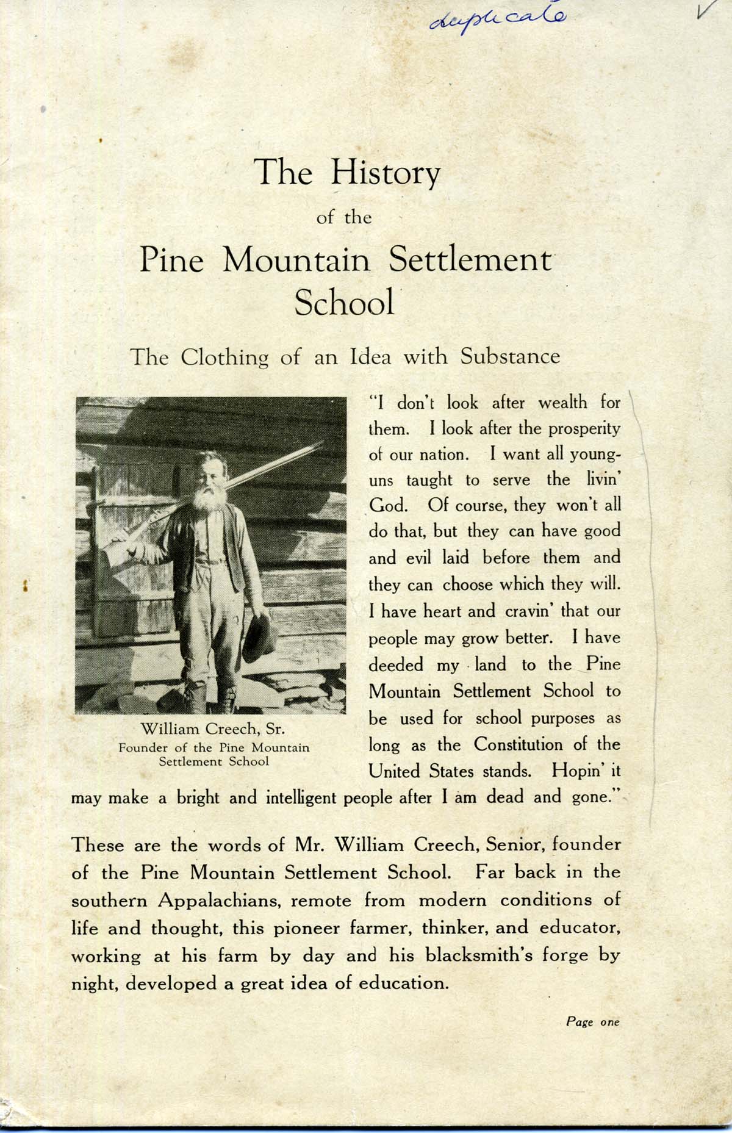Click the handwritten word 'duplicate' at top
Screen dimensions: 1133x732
(498, 20)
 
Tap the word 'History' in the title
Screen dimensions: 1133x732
(384, 173)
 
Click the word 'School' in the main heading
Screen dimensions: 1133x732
(344, 302)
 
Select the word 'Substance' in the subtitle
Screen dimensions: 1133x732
(510, 356)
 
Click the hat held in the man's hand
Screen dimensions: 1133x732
(259, 638)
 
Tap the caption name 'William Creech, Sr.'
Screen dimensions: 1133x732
(213, 729)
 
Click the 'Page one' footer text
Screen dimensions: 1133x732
(592, 1021)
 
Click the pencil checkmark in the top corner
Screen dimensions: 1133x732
(710, 12)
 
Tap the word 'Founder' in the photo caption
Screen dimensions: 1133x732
(144, 748)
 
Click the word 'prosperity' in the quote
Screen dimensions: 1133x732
(584, 430)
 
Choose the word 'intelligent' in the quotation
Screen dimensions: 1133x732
(302, 798)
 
